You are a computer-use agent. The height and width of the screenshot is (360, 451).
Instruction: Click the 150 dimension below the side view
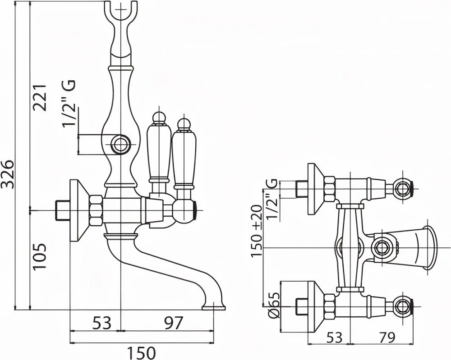tap(142, 352)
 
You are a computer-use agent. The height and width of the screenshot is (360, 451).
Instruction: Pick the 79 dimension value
tap(382, 337)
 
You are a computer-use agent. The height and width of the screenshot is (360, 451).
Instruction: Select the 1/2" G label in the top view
tap(271, 199)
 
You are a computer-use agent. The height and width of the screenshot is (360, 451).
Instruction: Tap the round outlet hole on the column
tap(120, 145)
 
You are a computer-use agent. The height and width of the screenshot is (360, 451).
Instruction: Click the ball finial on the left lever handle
tap(158, 118)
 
